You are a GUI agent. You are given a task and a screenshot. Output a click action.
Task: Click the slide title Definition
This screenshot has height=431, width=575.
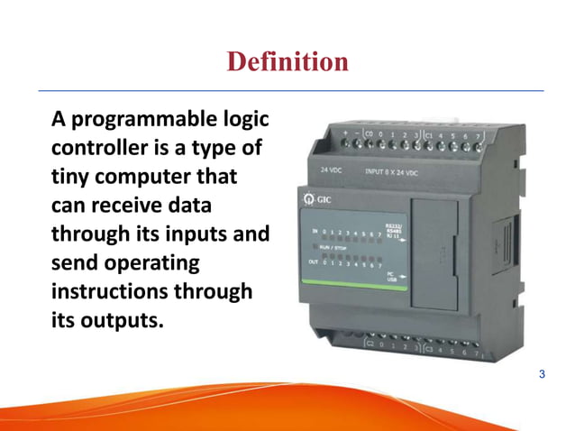pos(287,61)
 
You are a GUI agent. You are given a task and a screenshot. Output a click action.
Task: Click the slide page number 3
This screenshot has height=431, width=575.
pos(542,374)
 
